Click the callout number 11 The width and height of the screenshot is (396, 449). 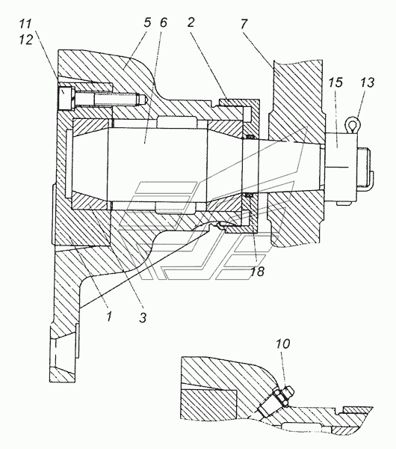(25, 24)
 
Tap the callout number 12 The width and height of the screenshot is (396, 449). (26, 40)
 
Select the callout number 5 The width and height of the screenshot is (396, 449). (147, 22)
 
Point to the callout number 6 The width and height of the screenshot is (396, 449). (164, 22)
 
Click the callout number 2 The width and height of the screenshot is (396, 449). (191, 22)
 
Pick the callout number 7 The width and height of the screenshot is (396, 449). (244, 24)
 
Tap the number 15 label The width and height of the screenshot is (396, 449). (335, 82)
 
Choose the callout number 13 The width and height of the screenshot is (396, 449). (368, 82)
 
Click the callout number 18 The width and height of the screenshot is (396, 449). (257, 271)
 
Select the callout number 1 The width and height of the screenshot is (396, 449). (109, 317)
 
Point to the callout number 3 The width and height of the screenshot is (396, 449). (143, 317)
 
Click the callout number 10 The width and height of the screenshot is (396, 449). (282, 343)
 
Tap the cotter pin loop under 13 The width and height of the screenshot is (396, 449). (354, 123)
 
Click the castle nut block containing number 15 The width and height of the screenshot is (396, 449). (341, 167)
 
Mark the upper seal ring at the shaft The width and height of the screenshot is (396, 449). (250, 136)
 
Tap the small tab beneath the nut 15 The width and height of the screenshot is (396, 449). (344, 204)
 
